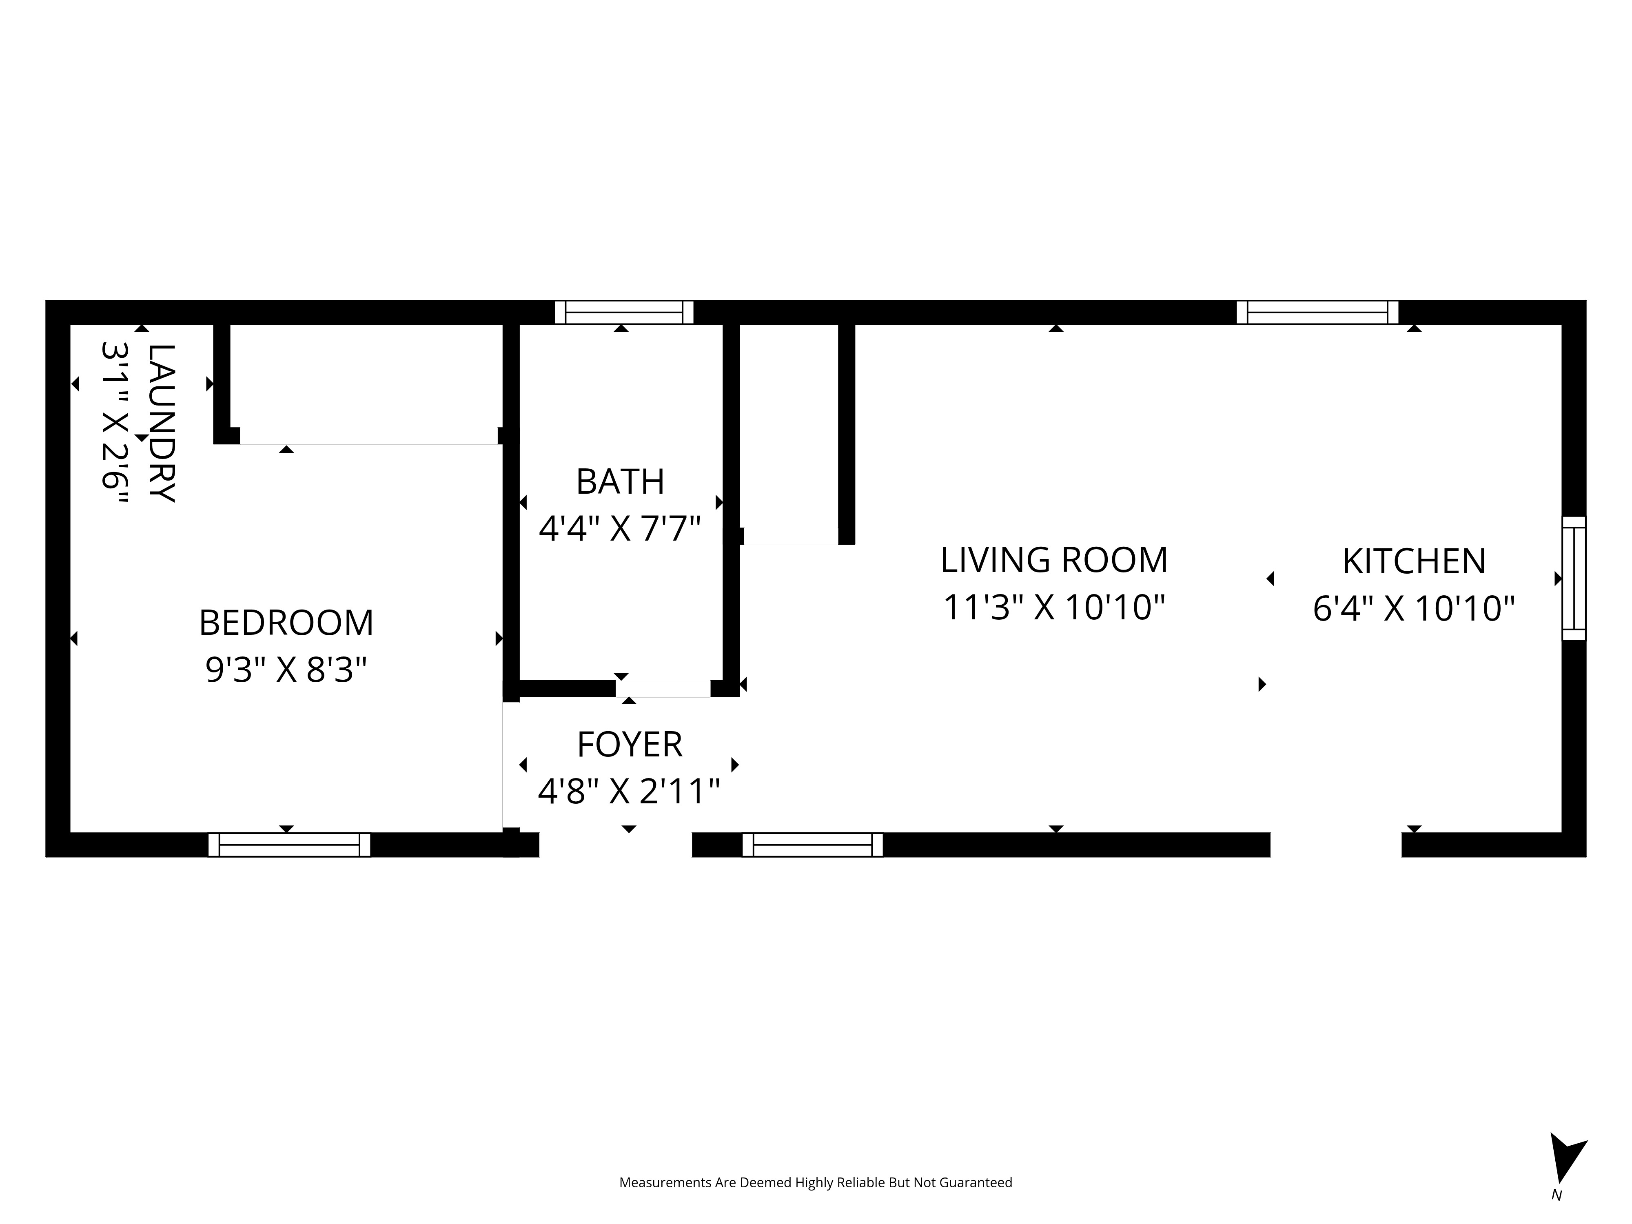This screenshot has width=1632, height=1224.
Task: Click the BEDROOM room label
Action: [286, 623]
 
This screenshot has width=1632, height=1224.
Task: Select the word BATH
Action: [621, 482]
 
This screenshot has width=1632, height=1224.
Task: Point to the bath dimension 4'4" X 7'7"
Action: [620, 529]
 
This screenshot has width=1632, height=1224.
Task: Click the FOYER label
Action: [629, 745]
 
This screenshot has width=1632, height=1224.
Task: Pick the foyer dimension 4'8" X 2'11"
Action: [629, 792]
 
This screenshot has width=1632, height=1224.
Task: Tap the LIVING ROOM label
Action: [1054, 560]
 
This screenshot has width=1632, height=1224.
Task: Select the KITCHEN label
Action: [1414, 561]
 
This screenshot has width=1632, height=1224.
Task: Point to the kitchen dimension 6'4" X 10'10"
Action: [1414, 610]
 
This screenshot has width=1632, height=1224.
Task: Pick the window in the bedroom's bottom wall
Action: [289, 845]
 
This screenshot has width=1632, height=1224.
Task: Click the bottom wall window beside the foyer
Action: [812, 845]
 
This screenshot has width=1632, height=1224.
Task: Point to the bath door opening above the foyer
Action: [663, 688]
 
